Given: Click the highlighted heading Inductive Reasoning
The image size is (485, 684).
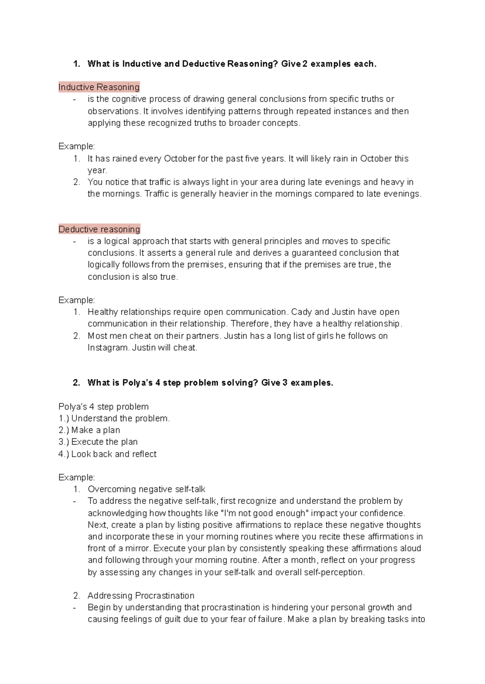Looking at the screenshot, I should (x=99, y=87).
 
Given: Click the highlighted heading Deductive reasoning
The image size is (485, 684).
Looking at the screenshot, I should (x=99, y=229).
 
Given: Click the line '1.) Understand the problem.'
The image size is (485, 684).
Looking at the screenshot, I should (x=114, y=418).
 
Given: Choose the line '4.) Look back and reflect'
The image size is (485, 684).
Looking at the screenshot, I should (x=107, y=454).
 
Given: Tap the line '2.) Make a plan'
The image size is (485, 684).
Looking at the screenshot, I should (x=89, y=430).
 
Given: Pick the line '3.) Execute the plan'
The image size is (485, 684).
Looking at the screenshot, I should (x=98, y=442).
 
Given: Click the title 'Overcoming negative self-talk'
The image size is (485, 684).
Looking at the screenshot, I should (x=146, y=489).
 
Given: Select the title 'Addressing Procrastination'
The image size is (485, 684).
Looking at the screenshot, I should (x=141, y=596).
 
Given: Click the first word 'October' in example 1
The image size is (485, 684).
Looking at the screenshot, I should (x=179, y=159).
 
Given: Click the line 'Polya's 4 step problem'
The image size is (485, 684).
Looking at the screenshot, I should (x=103, y=407).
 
